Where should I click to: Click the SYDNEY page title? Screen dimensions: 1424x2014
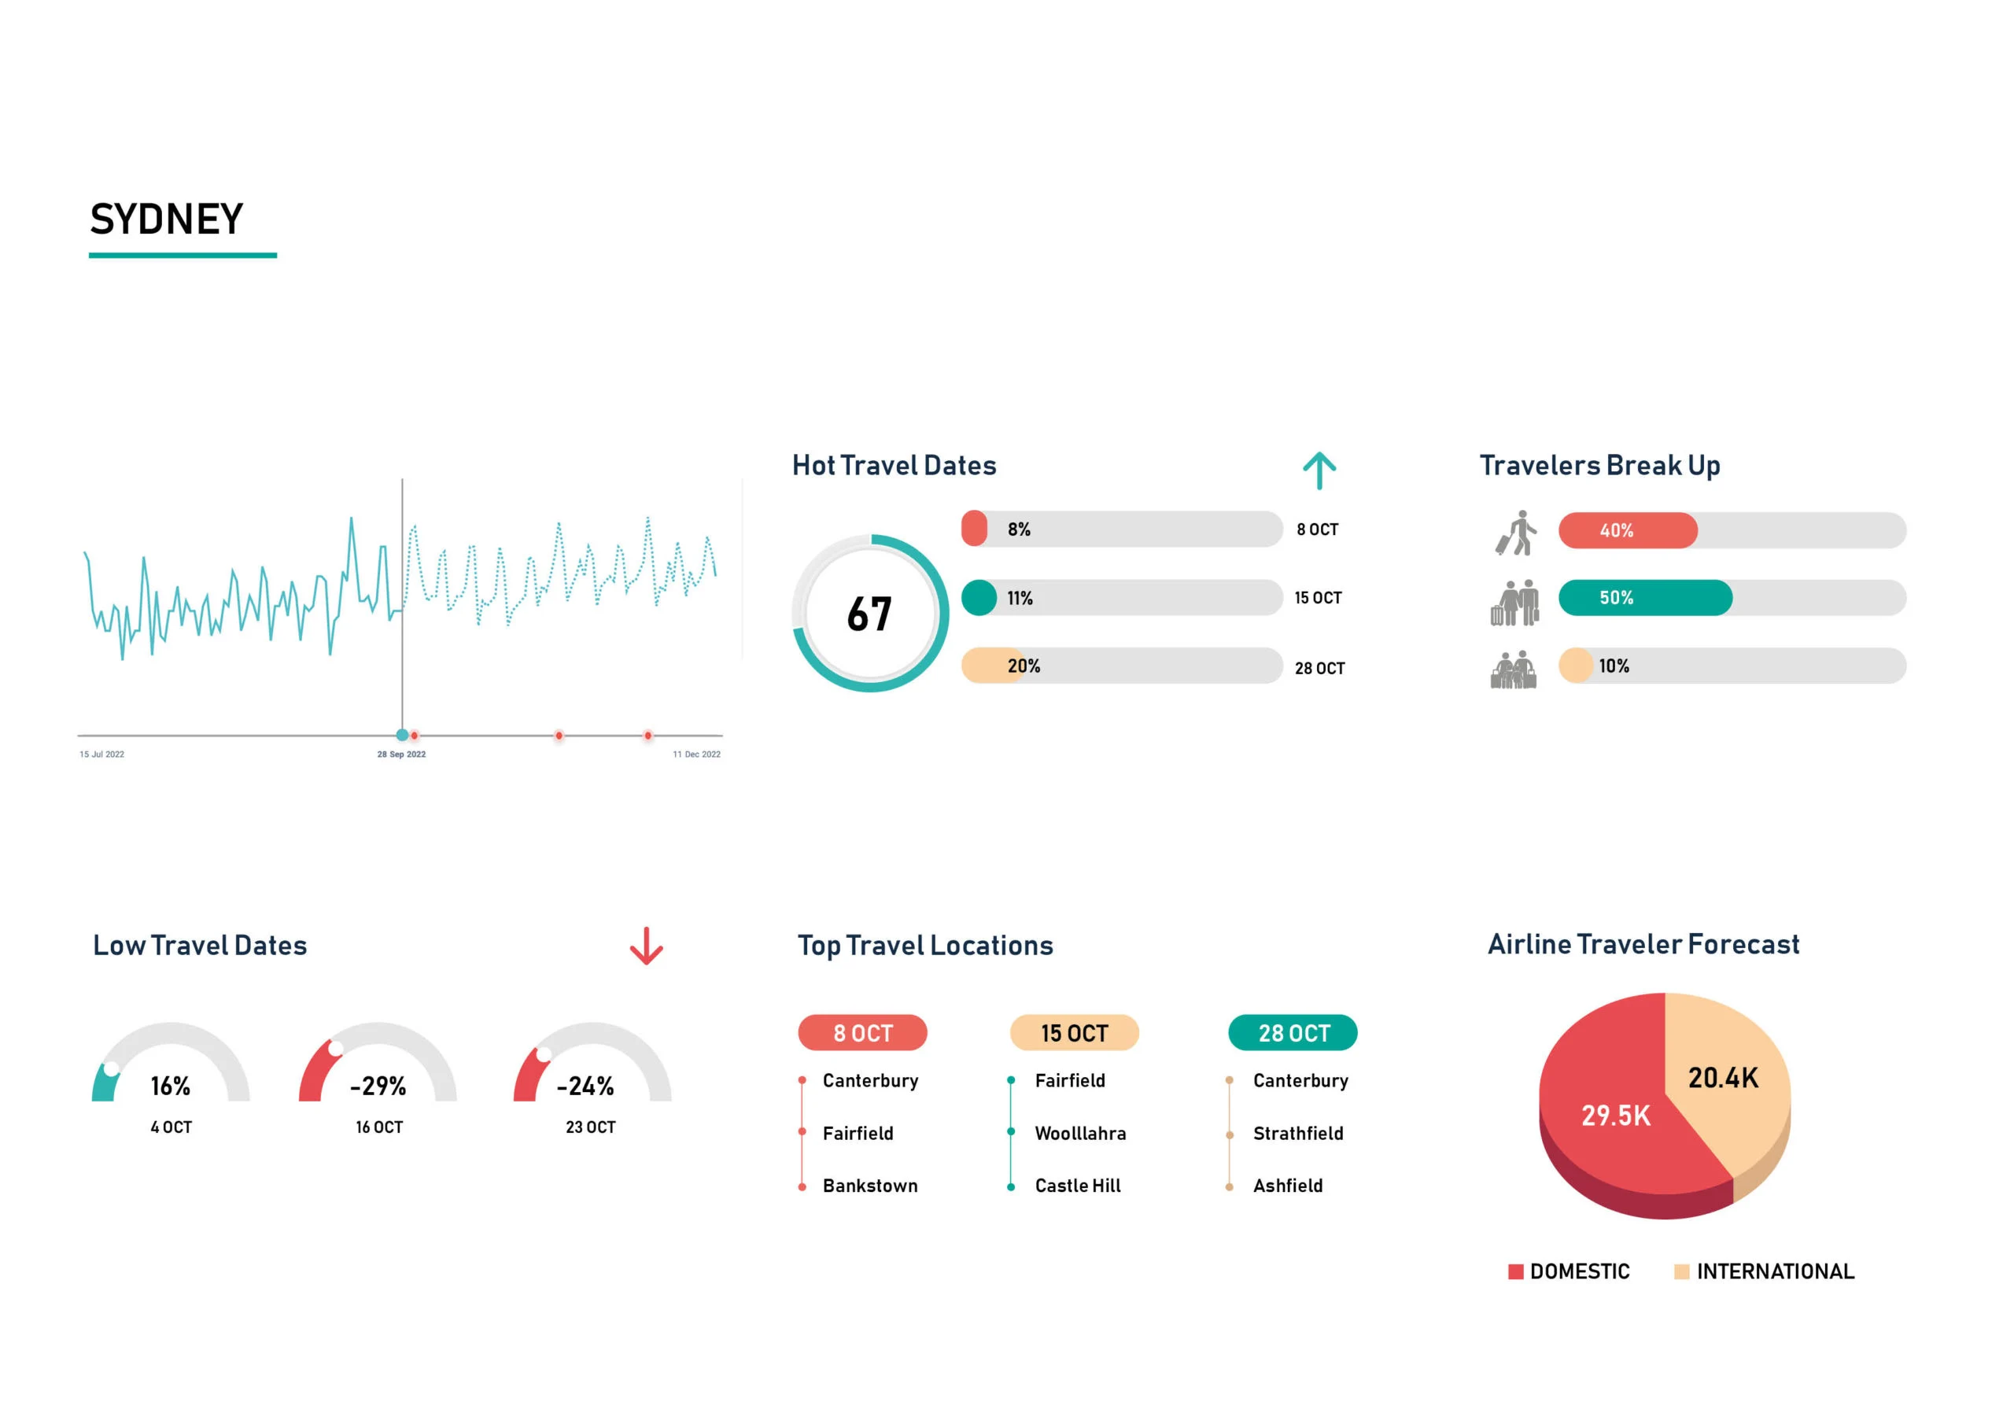tap(167, 220)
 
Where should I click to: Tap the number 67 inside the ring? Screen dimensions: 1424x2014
tap(869, 614)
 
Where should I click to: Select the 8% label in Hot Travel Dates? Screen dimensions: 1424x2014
tap(1018, 529)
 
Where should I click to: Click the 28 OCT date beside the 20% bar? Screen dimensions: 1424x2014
tap(1319, 669)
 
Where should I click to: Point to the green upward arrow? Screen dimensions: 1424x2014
tap(1319, 471)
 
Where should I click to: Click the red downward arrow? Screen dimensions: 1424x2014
tap(647, 946)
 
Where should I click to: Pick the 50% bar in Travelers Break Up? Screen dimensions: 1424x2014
tap(1645, 597)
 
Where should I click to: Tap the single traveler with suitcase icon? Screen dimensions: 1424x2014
tap(1516, 533)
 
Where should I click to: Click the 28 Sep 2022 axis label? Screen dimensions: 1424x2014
tap(401, 754)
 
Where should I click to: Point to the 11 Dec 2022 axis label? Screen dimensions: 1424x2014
tap(696, 754)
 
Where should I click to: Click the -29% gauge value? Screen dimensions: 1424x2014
tap(378, 1086)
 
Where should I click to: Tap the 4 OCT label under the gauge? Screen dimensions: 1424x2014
tap(171, 1127)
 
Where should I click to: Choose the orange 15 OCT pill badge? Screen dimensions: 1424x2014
tap(1074, 1033)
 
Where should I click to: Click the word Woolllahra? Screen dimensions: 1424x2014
tap(1080, 1134)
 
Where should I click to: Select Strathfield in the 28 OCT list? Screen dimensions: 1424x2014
tap(1297, 1134)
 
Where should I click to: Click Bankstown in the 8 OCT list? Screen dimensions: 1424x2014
tap(869, 1186)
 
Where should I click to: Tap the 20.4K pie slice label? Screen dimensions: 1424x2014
tap(1723, 1079)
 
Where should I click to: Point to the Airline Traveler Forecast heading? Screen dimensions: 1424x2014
tap(1643, 944)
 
